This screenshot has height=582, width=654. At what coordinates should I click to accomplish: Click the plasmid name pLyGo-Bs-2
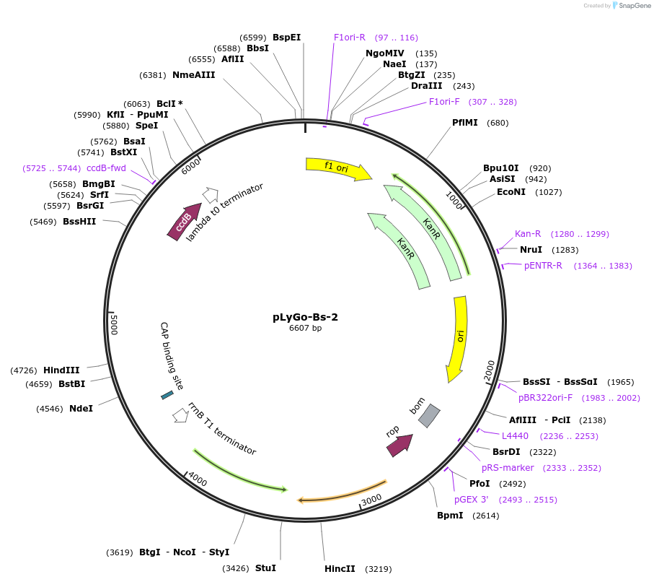point(305,316)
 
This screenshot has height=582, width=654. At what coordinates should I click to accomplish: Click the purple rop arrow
point(399,445)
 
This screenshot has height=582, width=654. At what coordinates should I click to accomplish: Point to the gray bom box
point(429,415)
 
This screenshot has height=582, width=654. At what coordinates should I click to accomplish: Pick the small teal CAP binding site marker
point(167,395)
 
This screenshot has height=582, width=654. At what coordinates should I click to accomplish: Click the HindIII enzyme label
point(61,370)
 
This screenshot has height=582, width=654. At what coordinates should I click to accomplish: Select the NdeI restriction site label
point(81,409)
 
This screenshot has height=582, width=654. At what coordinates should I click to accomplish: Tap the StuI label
point(265,568)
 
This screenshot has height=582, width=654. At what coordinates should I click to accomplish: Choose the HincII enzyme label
point(340,569)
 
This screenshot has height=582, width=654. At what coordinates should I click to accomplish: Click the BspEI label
point(286,38)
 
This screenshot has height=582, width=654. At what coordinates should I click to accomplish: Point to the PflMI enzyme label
point(465,123)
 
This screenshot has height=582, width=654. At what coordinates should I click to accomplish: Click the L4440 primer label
point(515,436)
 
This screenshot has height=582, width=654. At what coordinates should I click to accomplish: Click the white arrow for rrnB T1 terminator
point(180,416)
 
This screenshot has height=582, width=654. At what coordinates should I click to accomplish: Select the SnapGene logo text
point(632,6)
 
